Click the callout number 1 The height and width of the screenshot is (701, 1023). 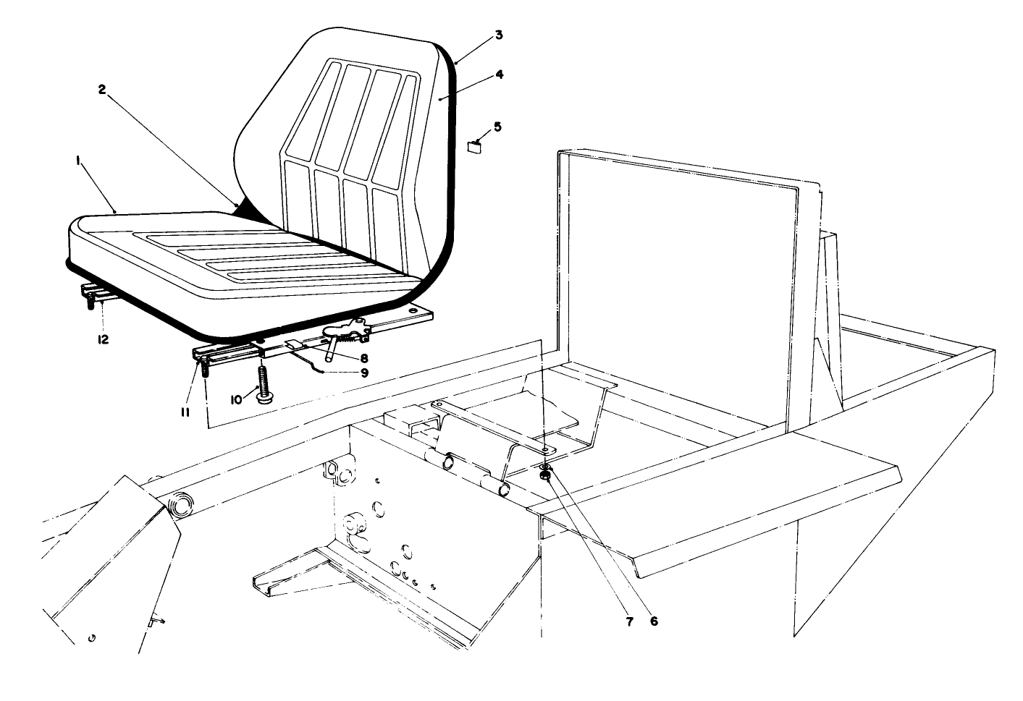click(77, 163)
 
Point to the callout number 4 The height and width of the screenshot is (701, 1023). click(499, 74)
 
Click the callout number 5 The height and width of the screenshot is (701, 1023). click(497, 127)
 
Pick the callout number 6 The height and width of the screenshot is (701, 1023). click(654, 621)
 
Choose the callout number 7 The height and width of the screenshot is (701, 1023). click(629, 621)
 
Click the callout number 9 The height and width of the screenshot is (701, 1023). click(363, 373)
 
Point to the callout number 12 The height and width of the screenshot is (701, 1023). click(104, 339)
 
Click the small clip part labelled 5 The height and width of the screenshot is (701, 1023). click(474, 148)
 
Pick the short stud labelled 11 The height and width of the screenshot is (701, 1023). click(204, 368)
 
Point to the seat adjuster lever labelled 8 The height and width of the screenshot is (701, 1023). click(330, 352)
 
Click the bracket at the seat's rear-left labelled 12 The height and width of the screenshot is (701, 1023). click(90, 294)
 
